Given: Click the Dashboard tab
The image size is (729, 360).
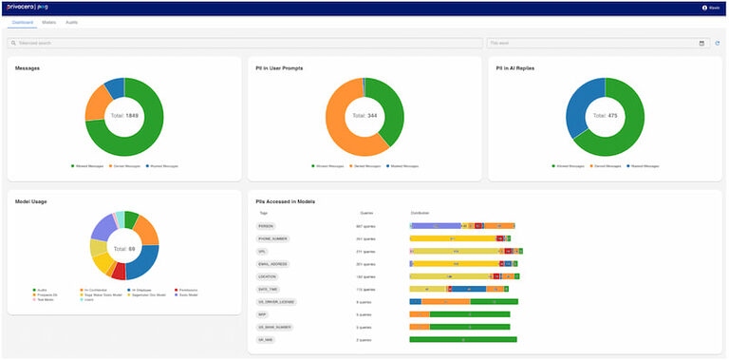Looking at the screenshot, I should [23, 21].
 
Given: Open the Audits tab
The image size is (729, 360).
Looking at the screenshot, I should [72, 21].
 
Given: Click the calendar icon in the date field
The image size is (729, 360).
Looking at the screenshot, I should [701, 43].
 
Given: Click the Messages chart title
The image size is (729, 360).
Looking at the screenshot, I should [28, 68].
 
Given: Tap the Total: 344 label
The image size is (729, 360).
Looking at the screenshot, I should [364, 116].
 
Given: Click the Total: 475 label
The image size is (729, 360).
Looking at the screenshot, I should [605, 116].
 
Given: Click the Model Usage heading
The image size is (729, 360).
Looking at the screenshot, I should [33, 201].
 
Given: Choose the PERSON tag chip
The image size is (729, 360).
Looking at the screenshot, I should [266, 226].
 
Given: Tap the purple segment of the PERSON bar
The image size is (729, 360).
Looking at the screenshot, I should [435, 226].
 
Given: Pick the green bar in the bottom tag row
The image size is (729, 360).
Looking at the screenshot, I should [462, 338].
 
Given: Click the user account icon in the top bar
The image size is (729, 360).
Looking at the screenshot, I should [705, 7].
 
